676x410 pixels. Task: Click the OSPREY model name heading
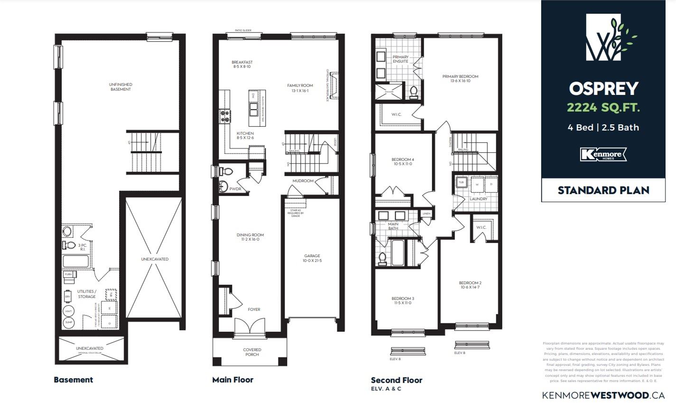(x=604, y=89)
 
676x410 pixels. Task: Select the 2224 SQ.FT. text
(x=604, y=108)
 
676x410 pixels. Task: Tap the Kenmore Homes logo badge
(x=603, y=154)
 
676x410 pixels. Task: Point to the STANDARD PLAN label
(x=603, y=190)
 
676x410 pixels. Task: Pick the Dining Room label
(x=250, y=237)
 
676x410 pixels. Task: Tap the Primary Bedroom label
(x=460, y=79)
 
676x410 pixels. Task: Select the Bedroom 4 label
(x=403, y=161)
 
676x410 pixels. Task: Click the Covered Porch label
(x=252, y=352)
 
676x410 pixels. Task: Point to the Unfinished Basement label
(x=120, y=87)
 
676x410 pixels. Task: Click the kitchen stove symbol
(x=224, y=116)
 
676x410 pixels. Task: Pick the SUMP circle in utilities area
(x=68, y=323)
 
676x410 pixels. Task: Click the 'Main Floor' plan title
(x=232, y=380)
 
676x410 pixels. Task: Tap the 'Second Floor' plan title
(x=396, y=380)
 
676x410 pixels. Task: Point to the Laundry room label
(x=478, y=199)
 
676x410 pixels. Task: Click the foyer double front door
(x=250, y=328)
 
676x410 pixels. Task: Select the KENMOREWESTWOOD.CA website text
(x=603, y=395)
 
